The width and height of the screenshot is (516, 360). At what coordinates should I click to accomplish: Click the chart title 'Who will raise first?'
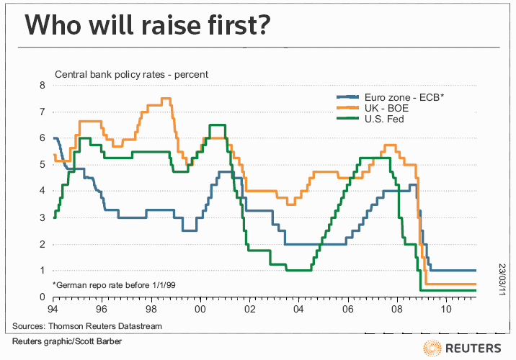(x=148, y=26)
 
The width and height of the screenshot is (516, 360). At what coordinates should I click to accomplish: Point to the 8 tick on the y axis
(x=43, y=86)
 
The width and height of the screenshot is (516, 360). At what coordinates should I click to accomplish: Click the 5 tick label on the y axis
(x=43, y=165)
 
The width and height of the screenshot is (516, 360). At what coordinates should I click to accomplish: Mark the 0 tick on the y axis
(x=43, y=297)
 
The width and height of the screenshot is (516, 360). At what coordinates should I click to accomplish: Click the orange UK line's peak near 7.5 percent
(x=166, y=98)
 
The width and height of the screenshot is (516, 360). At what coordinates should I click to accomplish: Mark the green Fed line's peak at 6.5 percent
(x=219, y=125)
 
